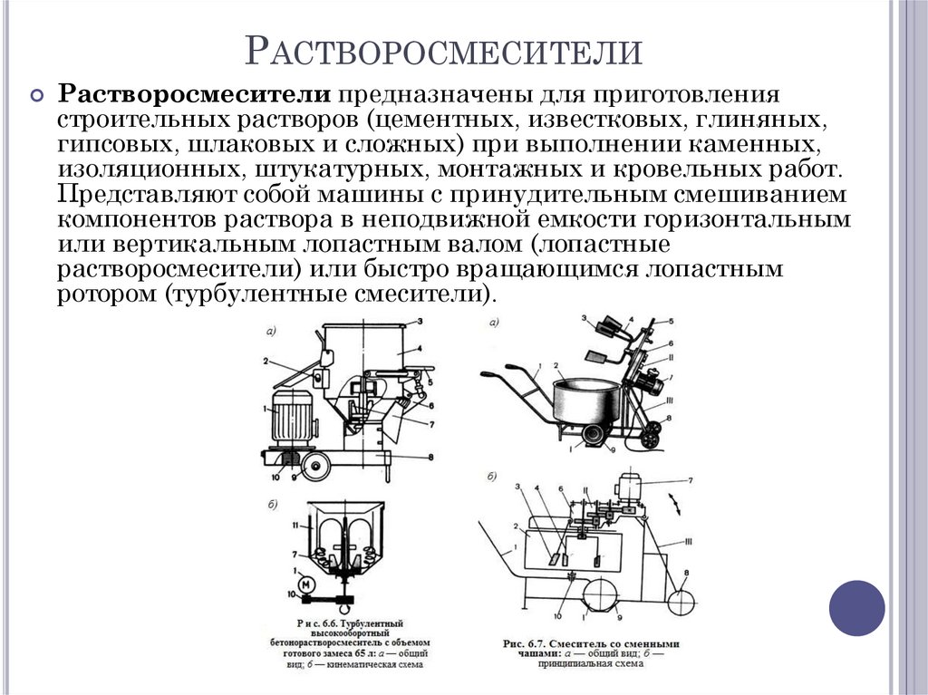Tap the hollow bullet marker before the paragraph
37,96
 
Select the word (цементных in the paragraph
426,120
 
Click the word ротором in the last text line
107,294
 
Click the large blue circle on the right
856,606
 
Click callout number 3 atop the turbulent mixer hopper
420,322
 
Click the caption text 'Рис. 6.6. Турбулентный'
349,624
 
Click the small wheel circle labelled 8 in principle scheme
685,599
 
